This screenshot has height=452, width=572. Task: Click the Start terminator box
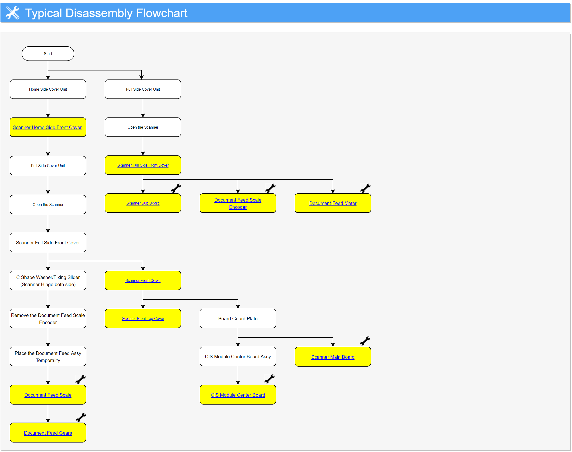[48, 54]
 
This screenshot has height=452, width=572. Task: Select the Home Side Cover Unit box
[48, 89]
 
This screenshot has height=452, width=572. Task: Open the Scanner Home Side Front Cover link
[47, 127]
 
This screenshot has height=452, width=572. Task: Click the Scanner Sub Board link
[143, 203]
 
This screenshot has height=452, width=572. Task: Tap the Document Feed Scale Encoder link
[238, 204]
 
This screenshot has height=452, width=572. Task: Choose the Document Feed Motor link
[333, 203]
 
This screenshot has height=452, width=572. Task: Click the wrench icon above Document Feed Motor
[365, 188]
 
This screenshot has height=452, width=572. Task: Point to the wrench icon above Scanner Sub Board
[176, 188]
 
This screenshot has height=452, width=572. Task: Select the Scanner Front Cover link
[143, 280]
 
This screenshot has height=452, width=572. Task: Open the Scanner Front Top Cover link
[143, 319]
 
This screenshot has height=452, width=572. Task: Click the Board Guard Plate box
[238, 319]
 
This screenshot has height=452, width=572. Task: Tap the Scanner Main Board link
[333, 357]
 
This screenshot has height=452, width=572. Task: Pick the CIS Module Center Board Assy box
[238, 356]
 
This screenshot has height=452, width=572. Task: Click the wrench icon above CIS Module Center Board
[269, 379]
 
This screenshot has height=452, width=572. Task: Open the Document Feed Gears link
[48, 433]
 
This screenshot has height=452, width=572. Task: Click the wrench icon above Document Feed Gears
[81, 417]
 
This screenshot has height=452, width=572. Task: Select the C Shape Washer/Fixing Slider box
[48, 280]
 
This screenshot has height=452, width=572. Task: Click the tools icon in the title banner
[12, 13]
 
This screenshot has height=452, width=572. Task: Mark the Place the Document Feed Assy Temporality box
[48, 356]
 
